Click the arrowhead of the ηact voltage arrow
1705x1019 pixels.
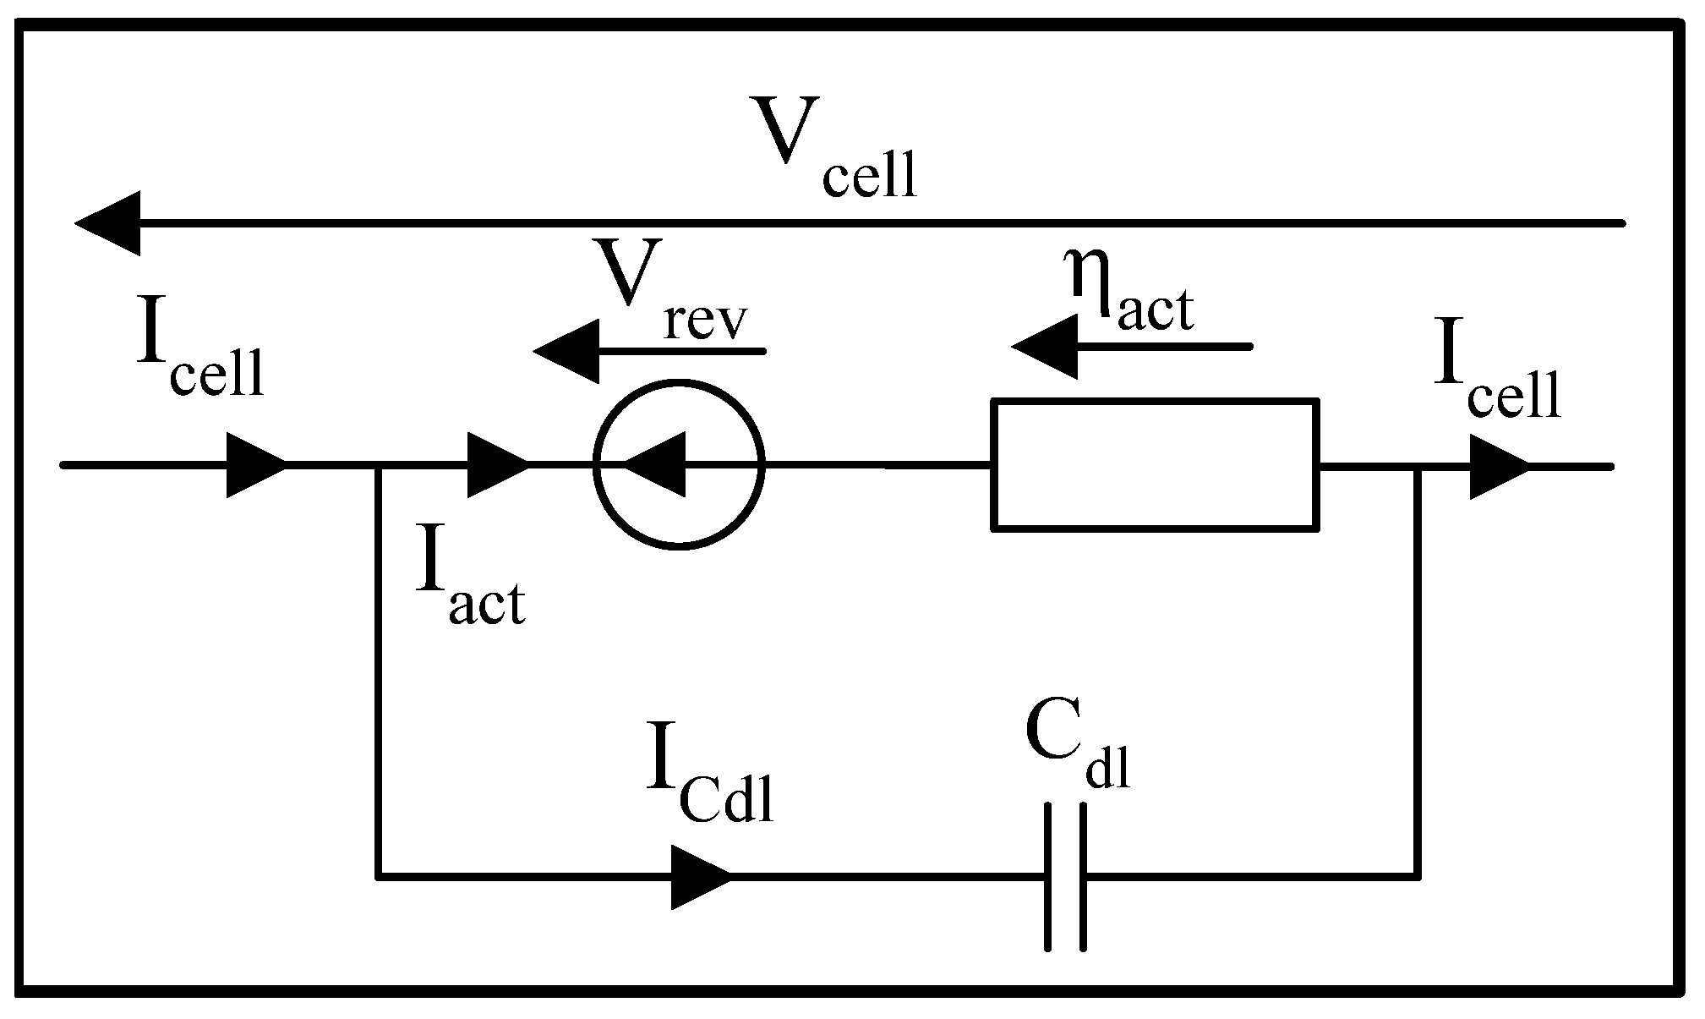[1046, 347]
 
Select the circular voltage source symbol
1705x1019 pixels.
[679, 465]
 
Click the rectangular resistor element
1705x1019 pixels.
[1155, 465]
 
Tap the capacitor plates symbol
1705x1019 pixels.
[1065, 878]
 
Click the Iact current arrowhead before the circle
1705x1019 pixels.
[497, 465]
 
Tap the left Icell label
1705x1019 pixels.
[199, 355]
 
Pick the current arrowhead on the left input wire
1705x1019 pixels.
[256, 465]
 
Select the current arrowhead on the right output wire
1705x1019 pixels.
[1498, 467]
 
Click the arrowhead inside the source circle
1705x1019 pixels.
[656, 465]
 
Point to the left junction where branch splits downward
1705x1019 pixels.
[378, 465]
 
